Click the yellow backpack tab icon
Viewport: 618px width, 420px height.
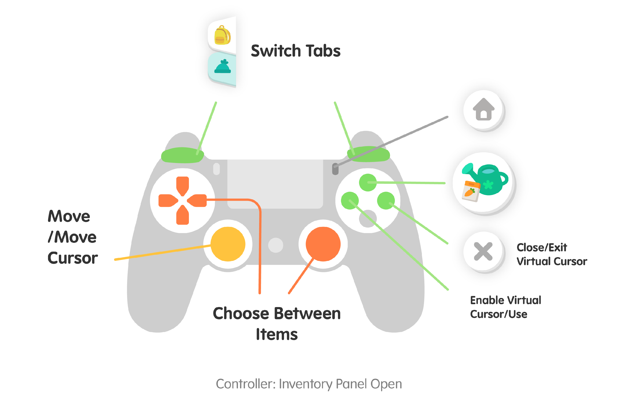click(222, 35)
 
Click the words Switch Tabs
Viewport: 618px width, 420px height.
click(295, 51)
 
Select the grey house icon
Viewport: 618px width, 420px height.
click(483, 110)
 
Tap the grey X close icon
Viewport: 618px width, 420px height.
click(483, 251)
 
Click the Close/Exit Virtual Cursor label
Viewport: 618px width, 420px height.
click(551, 254)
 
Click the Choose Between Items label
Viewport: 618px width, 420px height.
click(277, 323)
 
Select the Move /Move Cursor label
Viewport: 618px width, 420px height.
click(72, 237)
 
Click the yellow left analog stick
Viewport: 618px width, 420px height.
click(228, 244)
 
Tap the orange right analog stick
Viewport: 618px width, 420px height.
click(323, 244)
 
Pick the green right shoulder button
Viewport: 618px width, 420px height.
click(368, 154)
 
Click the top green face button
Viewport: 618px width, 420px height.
click(368, 182)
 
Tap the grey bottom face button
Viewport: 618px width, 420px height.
click(368, 219)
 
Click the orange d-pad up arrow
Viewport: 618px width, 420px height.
click(183, 184)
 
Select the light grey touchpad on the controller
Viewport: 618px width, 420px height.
click(275, 184)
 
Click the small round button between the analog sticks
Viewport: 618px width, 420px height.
click(275, 245)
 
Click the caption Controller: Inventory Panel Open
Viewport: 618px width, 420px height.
click(309, 384)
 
